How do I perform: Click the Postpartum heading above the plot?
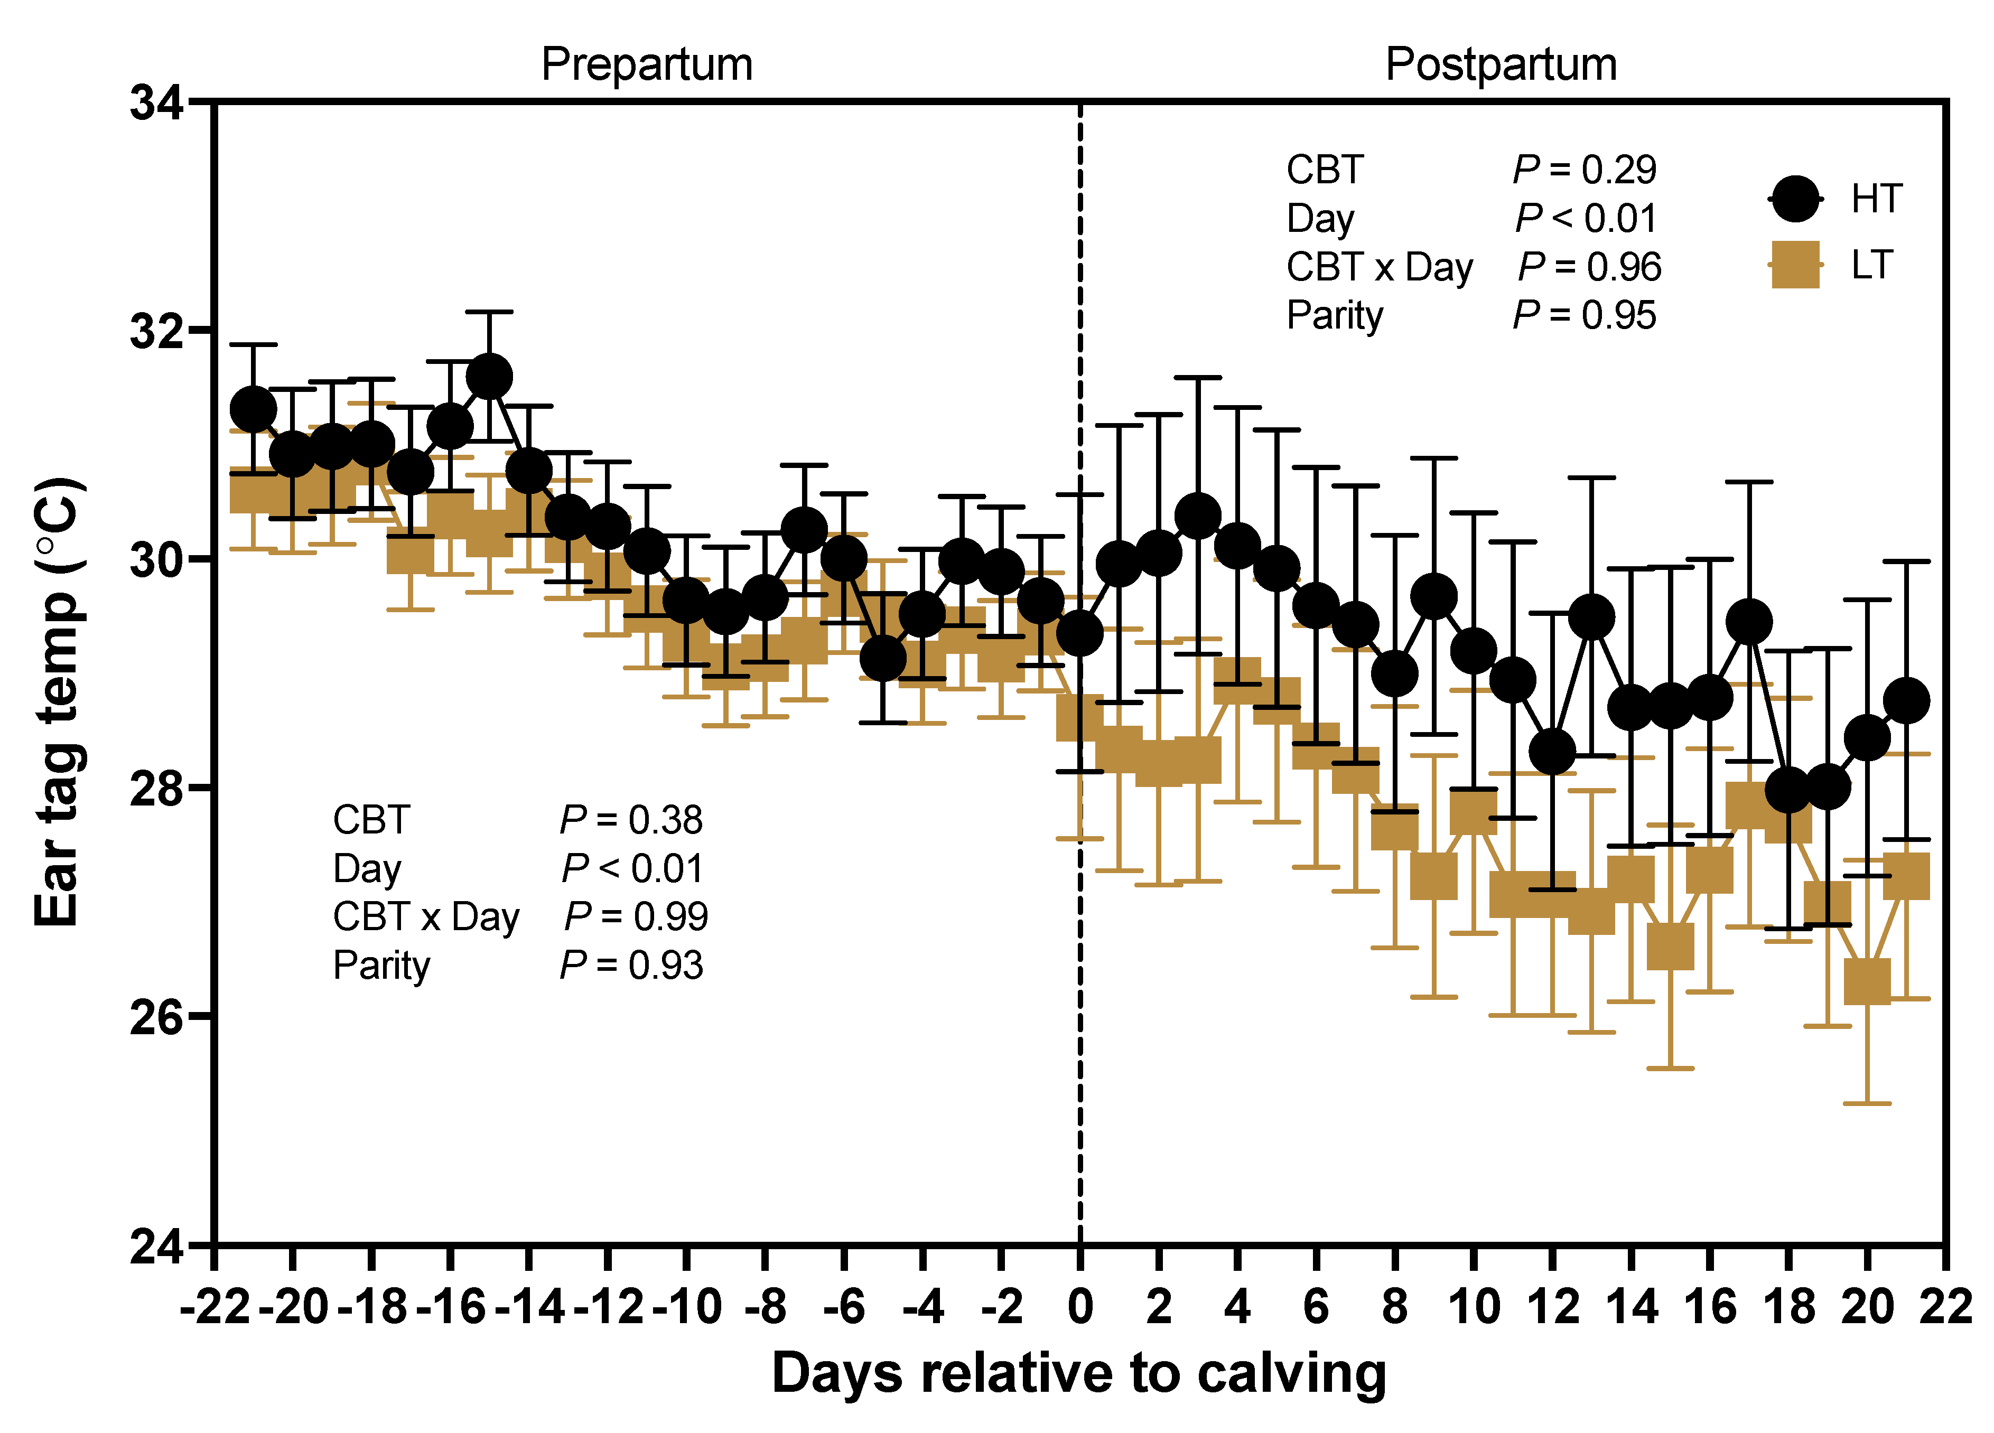1500,64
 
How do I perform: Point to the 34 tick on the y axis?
156,103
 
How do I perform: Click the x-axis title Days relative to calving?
1079,1373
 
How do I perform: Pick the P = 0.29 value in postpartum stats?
1585,170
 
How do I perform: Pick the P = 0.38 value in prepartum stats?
631,820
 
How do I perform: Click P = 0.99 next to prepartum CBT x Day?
636,917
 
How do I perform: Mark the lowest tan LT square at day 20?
1867,981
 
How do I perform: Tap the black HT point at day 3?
1197,515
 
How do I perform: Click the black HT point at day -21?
253,410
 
